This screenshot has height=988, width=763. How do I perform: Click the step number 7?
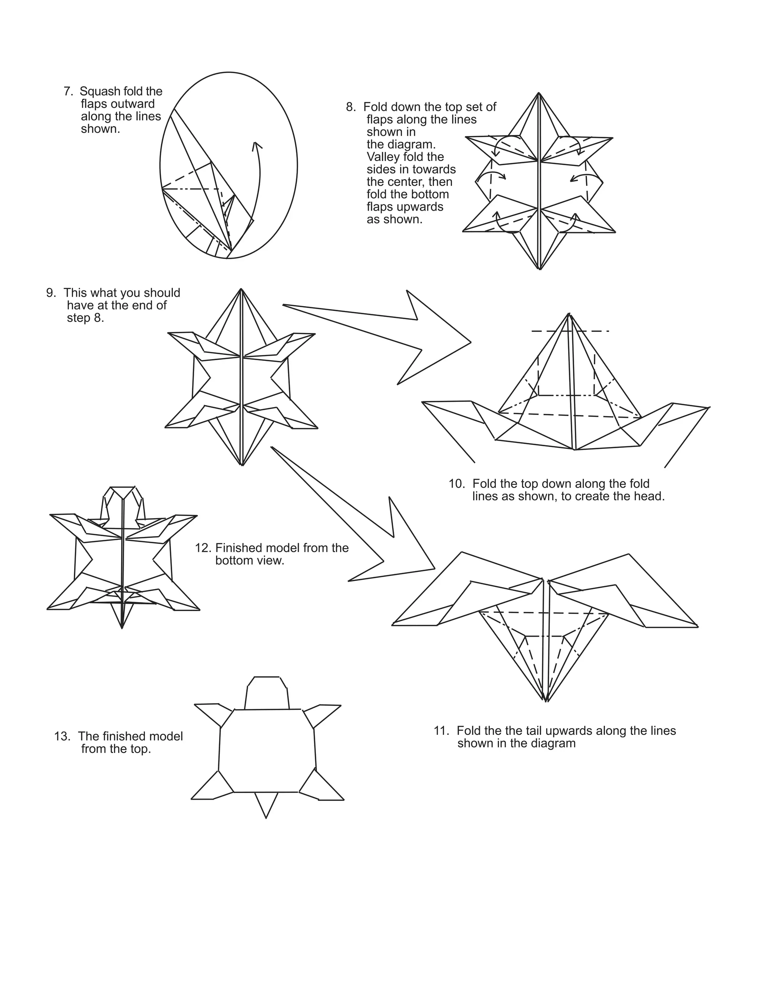click(68, 92)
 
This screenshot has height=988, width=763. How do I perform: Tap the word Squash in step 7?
click(100, 92)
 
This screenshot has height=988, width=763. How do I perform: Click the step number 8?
click(350, 107)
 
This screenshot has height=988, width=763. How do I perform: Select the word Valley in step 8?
click(382, 157)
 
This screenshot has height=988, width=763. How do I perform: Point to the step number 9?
click(51, 293)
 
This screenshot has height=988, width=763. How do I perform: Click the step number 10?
click(456, 484)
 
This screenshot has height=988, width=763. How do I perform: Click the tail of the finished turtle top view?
click(266, 805)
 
